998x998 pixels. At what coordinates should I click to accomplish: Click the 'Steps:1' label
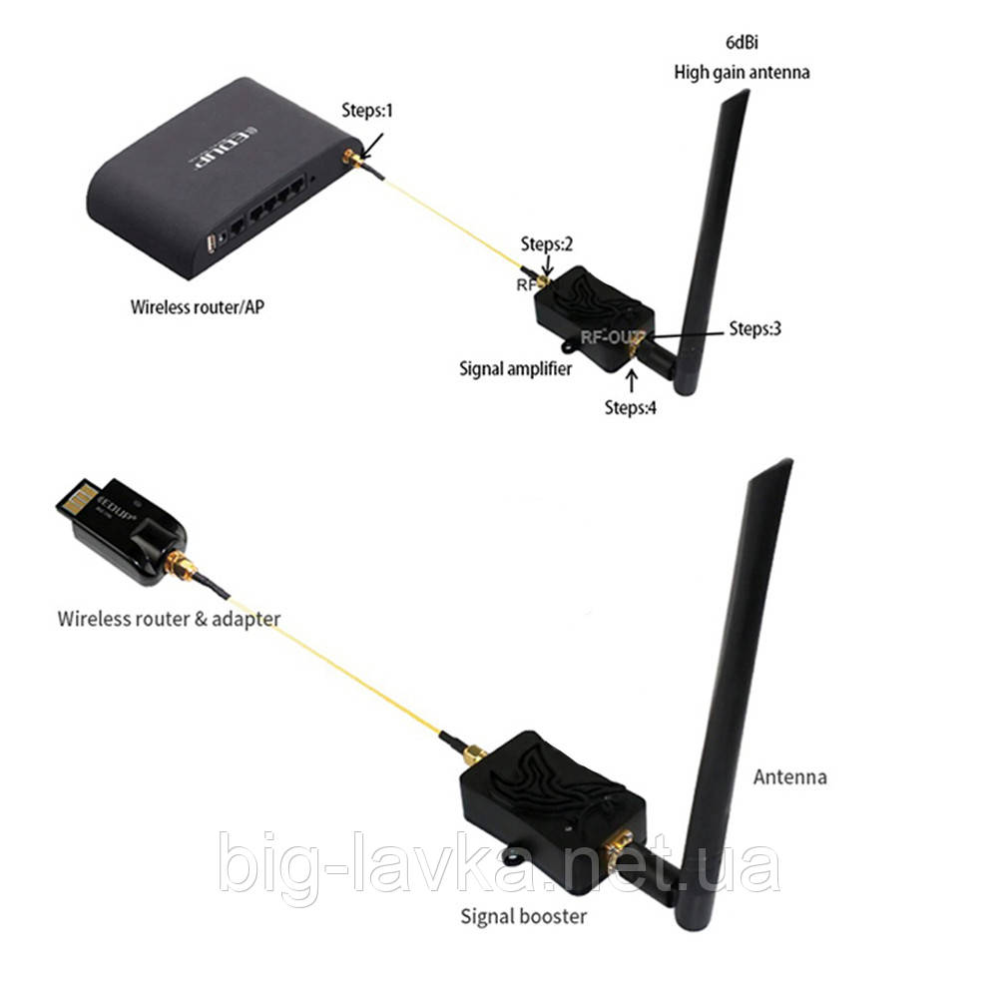[367, 111]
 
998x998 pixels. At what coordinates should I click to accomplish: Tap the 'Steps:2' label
[547, 245]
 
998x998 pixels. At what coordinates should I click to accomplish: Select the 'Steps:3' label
[754, 328]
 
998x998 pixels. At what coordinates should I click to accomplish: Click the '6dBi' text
[740, 43]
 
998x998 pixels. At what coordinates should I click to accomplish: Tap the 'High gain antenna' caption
[741, 72]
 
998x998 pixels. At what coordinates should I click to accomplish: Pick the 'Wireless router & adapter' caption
[169, 619]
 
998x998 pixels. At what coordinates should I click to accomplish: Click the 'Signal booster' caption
[524, 914]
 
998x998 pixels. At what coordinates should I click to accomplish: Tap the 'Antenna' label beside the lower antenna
[790, 776]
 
